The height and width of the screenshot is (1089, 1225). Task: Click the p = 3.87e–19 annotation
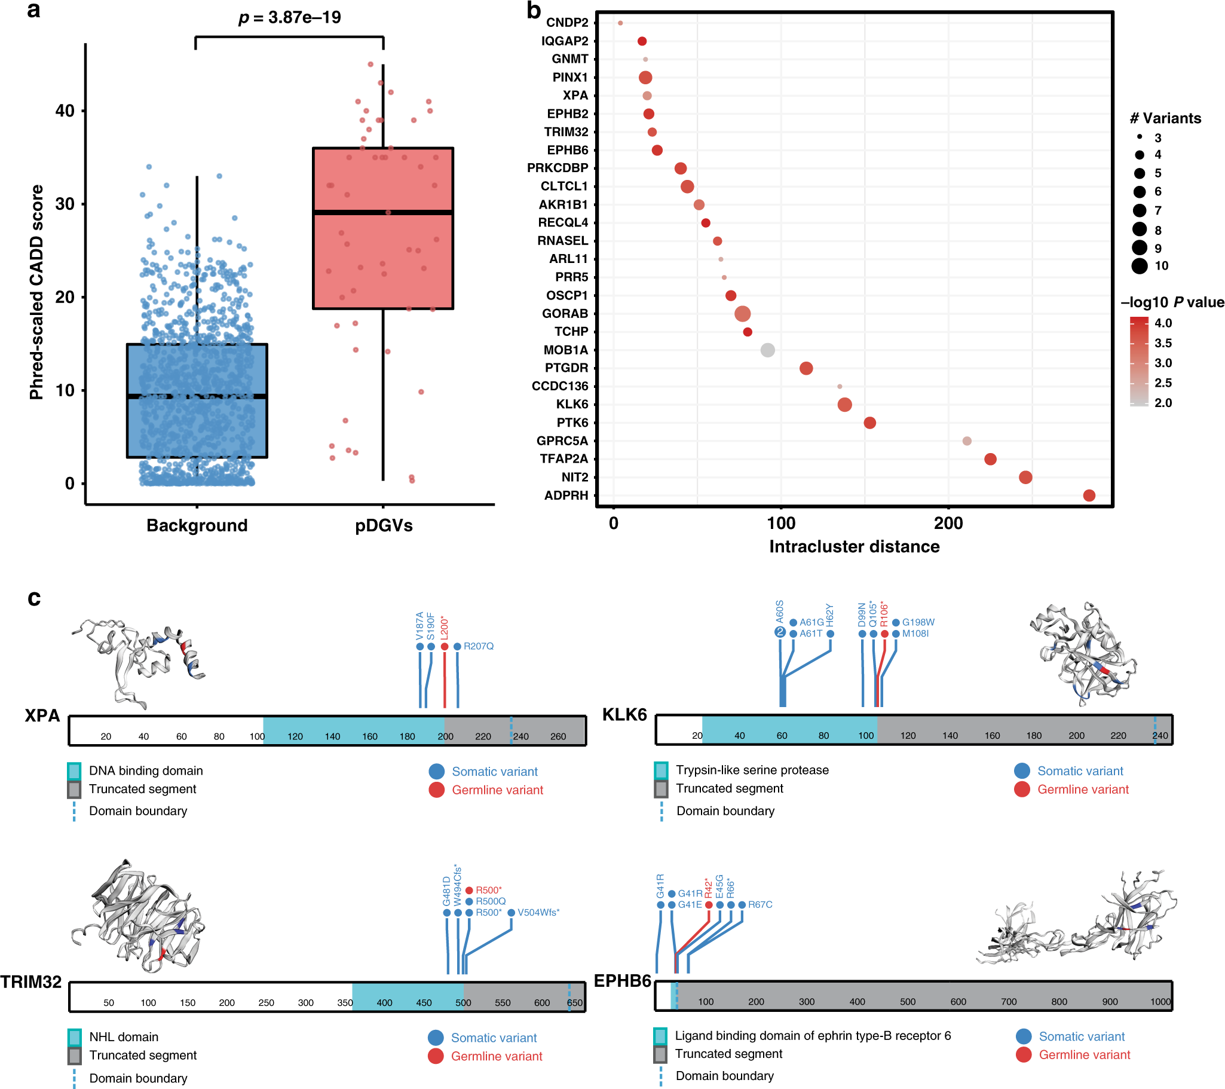point(289,17)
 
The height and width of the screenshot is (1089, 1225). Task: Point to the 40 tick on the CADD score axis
point(65,111)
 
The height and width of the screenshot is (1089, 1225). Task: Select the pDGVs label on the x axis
point(384,525)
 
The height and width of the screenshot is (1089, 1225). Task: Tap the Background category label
point(197,525)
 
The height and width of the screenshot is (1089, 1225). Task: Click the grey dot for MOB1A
point(767,350)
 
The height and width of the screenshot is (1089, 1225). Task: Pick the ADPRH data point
point(1089,495)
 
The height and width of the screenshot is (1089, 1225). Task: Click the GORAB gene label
point(565,313)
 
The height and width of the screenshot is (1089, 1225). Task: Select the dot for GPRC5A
point(966,441)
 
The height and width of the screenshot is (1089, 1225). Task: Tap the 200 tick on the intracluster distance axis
point(948,523)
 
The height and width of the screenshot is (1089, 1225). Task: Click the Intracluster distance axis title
point(854,547)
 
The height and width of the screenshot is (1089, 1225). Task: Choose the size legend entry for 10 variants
point(1140,266)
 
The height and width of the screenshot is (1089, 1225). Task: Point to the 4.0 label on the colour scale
point(1163,323)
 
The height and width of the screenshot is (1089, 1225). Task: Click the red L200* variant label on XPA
point(444,628)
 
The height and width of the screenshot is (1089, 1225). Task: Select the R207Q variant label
point(478,646)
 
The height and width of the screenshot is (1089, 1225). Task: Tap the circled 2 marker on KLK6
point(779,632)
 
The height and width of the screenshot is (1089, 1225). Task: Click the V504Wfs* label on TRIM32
point(538,912)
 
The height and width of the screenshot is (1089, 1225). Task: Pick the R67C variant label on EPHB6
point(760,904)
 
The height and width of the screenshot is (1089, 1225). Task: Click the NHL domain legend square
point(74,1037)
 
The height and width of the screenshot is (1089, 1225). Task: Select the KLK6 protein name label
point(624,715)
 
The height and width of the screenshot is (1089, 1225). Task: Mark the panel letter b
point(534,10)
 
